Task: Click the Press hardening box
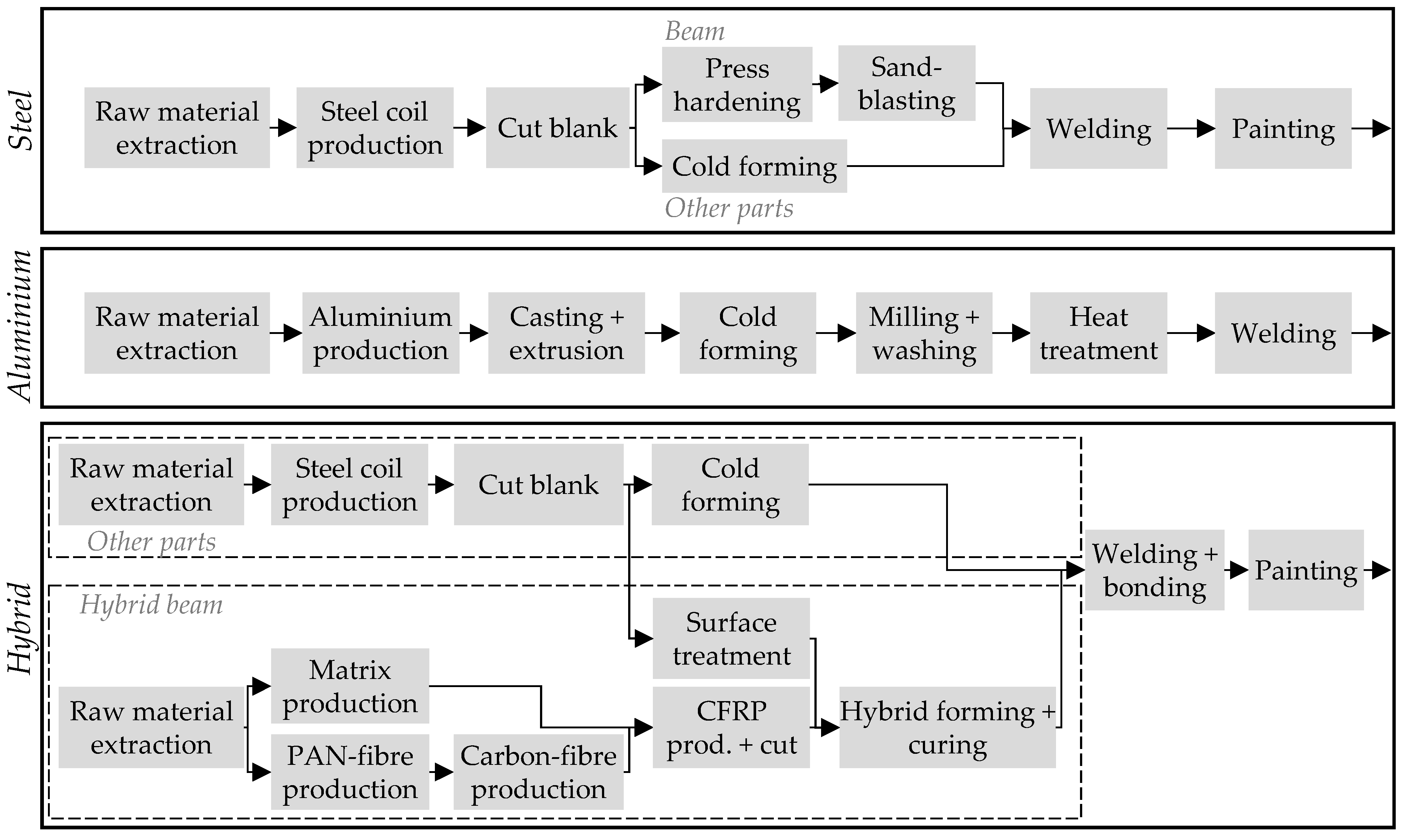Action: tap(737, 84)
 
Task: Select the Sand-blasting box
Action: tap(907, 83)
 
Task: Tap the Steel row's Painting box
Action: tap(1283, 128)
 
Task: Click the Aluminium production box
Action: tap(381, 333)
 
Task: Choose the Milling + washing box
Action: tap(924, 333)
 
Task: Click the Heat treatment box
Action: tap(1098, 333)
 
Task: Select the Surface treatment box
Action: tap(731, 638)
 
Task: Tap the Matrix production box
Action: tap(350, 686)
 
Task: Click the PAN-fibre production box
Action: tap(350, 772)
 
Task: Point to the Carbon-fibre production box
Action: tap(539, 772)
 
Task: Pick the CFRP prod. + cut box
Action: tap(731, 727)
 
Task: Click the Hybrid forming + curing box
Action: tap(947, 727)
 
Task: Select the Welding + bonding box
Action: tap(1154, 570)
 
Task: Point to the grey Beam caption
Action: tap(695, 31)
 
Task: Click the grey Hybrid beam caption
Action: tap(151, 605)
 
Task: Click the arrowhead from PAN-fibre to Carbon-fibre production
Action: tap(444, 772)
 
